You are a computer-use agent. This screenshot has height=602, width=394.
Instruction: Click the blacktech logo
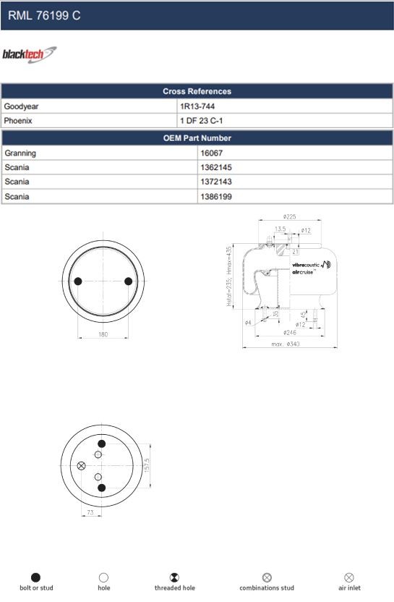[x=29, y=55]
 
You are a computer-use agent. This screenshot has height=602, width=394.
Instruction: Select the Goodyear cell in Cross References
[x=21, y=106]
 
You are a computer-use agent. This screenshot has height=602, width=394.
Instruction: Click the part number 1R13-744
[x=197, y=106]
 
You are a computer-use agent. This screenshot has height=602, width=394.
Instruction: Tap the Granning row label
[x=20, y=153]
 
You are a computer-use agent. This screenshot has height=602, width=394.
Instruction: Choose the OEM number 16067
[x=211, y=153]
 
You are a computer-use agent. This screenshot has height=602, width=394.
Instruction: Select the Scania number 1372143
[x=216, y=182]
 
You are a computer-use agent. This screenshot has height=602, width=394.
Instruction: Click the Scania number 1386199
[x=216, y=196]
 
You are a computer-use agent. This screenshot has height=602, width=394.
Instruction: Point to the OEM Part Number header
[x=197, y=137]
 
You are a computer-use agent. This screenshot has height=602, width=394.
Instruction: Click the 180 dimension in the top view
[x=103, y=334]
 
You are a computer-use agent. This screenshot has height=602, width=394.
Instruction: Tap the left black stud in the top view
[x=79, y=281]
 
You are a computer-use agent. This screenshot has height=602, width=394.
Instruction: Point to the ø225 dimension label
[x=290, y=216]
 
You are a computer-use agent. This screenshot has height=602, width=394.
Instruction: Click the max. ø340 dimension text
[x=286, y=344]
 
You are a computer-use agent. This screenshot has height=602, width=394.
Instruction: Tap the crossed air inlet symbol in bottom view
[x=81, y=465]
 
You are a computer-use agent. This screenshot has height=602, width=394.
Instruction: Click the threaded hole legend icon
[x=174, y=577]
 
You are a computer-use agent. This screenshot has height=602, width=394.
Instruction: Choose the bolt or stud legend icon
[x=36, y=577]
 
